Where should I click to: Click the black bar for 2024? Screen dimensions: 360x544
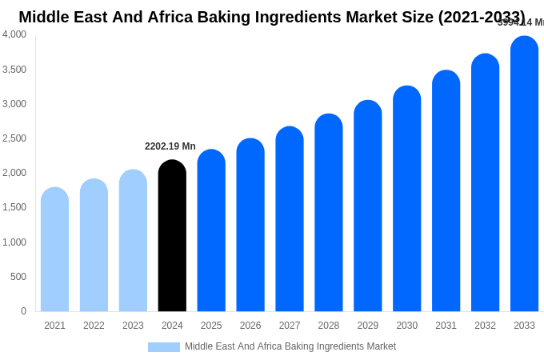click(172, 236)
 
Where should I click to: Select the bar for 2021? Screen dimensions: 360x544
click(54, 250)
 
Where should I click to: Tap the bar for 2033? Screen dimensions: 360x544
click(524, 174)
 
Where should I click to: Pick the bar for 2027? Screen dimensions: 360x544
click(290, 219)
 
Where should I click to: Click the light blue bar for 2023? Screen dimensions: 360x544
click(133, 241)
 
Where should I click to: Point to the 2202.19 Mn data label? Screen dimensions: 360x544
click(170, 146)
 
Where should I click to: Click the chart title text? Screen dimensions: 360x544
click(272, 17)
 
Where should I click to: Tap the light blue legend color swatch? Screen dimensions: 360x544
click(163, 347)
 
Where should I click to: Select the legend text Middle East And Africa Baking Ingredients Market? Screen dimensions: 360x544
click(290, 346)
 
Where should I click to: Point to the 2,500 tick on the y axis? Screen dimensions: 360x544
click(14, 138)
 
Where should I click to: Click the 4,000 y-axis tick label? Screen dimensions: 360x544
click(14, 34)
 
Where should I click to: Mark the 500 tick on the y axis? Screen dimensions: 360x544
click(18, 277)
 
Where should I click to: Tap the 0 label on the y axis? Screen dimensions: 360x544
click(23, 311)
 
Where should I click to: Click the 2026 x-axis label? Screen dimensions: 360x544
click(250, 326)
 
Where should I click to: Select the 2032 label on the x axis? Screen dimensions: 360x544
click(485, 326)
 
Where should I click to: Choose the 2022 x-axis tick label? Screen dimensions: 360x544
click(94, 326)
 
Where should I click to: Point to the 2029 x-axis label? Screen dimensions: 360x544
click(368, 326)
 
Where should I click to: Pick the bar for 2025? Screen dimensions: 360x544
click(211, 230)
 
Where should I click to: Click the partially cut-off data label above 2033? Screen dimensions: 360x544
click(521, 22)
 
